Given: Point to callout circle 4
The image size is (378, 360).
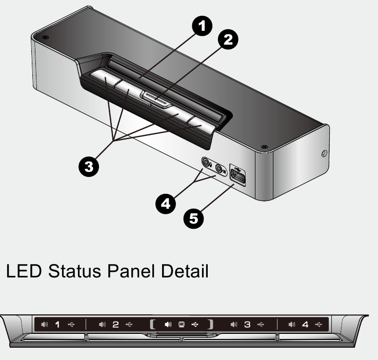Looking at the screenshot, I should [x=165, y=202].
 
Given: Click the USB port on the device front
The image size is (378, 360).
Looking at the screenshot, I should [x=239, y=175].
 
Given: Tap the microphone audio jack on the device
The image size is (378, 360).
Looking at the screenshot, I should [x=206, y=164].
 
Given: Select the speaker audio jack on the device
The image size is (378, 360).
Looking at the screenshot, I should [x=220, y=168].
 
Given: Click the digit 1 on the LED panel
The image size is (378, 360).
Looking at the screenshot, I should [x=57, y=324].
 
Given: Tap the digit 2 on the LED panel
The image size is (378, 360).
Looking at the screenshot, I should [x=115, y=324].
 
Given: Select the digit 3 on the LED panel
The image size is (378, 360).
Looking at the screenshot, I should [x=248, y=324].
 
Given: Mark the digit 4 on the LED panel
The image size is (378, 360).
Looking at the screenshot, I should [x=306, y=324].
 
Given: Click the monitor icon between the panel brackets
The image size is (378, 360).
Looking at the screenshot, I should [x=181, y=324].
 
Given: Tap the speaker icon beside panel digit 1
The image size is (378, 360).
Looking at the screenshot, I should [x=45, y=324].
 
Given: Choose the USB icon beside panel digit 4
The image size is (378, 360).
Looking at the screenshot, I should [x=319, y=324].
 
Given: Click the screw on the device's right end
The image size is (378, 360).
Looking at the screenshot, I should [x=323, y=153].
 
